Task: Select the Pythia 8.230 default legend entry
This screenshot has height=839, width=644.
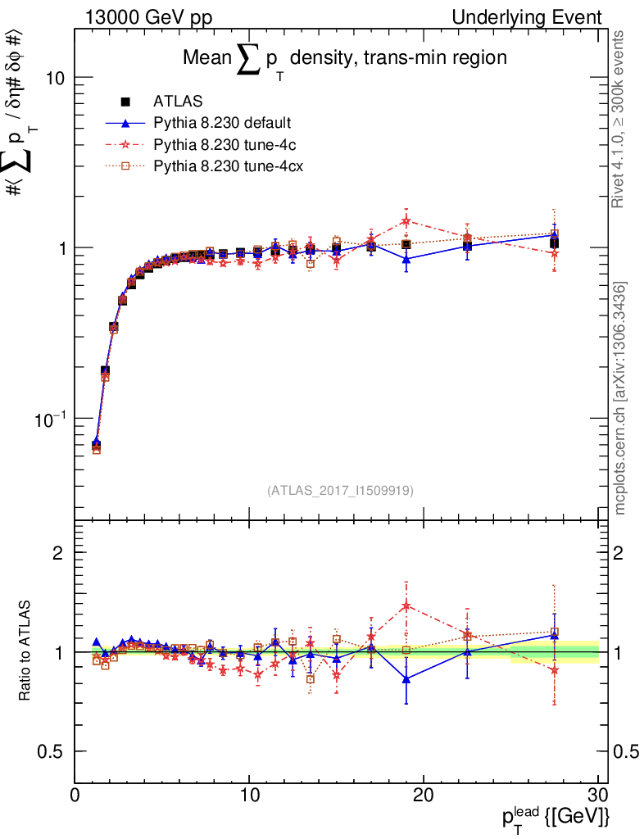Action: [x=222, y=124]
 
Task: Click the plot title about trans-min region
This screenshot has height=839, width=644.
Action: [x=344, y=59]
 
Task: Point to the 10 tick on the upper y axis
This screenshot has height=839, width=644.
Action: [x=54, y=78]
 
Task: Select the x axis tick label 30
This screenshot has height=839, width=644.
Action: [x=597, y=795]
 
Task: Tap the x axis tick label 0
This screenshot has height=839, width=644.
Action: [x=75, y=795]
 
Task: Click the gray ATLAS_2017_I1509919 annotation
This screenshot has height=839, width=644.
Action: [x=340, y=491]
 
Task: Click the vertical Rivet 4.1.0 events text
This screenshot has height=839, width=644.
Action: [x=619, y=119]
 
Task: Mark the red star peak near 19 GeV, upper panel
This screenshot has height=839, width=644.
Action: [x=406, y=220]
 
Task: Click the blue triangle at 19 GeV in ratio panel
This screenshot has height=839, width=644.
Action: [x=406, y=678]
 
